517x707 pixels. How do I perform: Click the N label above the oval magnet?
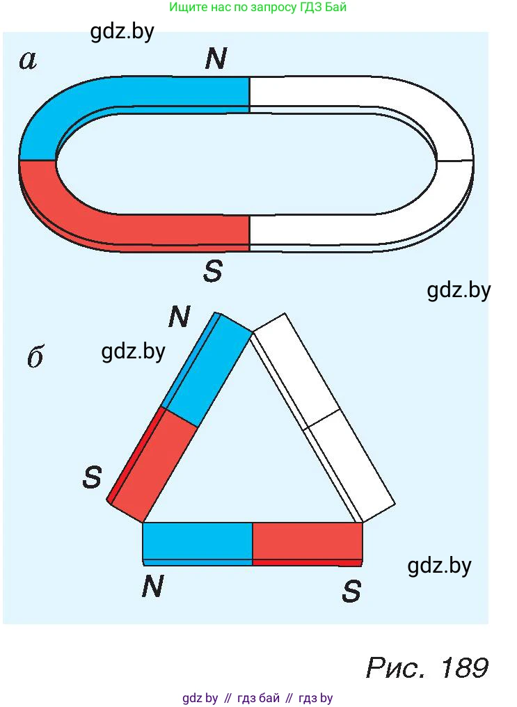216,58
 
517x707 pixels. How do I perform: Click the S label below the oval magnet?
213,271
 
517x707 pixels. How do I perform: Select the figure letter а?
28,61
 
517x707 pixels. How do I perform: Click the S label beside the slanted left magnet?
93,477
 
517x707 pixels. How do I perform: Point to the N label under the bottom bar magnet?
153,586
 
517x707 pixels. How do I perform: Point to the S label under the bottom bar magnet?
351,591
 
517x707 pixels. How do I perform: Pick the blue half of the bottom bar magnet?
198,543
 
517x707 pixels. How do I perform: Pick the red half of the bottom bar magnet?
308,544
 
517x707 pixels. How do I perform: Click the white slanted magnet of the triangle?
322,417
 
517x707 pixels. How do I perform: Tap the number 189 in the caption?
465,668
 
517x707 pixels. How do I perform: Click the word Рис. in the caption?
396,668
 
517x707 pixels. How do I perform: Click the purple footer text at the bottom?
258,699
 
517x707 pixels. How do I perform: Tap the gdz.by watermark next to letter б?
134,351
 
